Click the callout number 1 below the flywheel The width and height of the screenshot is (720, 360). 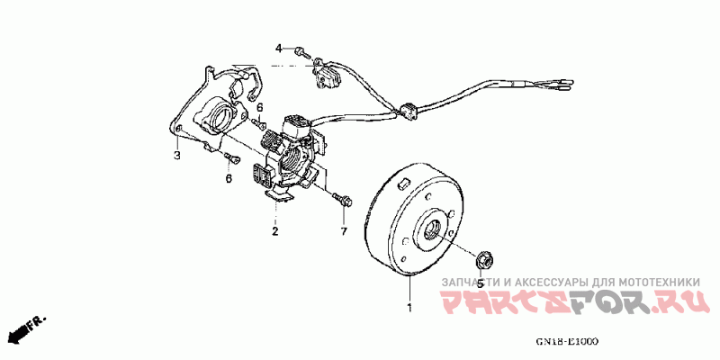coord(409,308)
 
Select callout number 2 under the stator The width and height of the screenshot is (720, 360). coord(275,231)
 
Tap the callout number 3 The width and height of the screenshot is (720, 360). coord(177,156)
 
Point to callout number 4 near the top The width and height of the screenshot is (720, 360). coord(279,48)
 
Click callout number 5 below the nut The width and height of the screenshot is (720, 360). coord(480,283)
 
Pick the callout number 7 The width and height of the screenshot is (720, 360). coord(343,232)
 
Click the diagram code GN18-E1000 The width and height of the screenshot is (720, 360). coord(567,342)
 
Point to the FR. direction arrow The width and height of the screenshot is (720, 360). coord(25,329)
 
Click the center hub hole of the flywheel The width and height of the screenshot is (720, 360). coord(434,229)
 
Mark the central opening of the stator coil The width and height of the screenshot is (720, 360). coord(294,161)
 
